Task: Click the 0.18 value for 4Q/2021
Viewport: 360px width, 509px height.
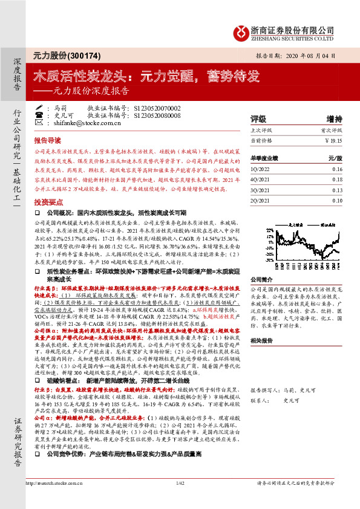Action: point(336,180)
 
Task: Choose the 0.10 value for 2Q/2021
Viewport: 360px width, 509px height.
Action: point(336,200)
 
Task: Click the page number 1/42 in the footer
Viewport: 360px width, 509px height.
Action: point(180,499)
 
